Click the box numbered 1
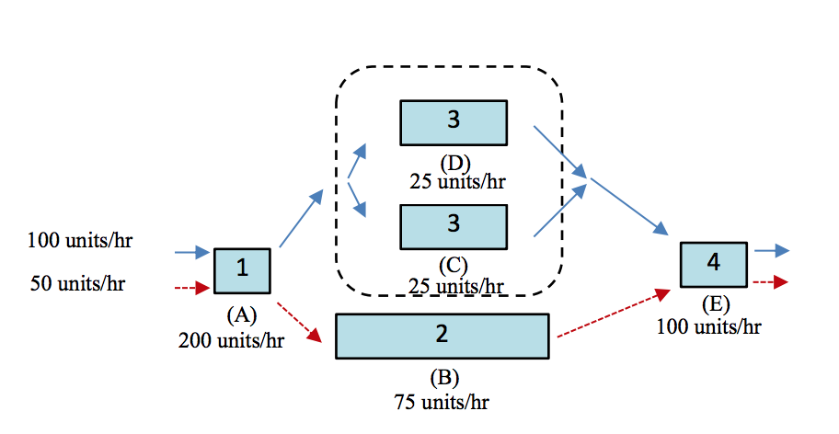242,269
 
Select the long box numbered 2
442,336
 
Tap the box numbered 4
714,264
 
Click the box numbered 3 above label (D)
454,122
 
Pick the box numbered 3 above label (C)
454,226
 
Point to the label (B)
443,378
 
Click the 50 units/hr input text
77,283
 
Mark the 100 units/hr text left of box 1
79,242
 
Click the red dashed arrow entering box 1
192,288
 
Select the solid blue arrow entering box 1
192,251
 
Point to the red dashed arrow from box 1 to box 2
303,321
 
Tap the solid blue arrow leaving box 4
771,250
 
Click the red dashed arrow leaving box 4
771,282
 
